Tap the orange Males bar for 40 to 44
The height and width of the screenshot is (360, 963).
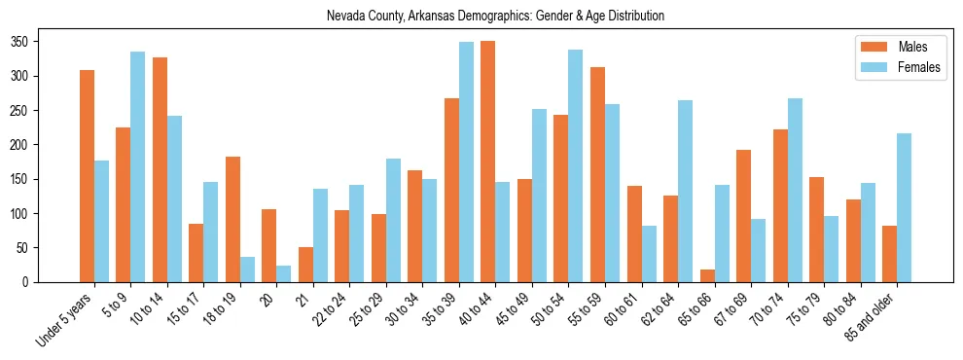(488, 162)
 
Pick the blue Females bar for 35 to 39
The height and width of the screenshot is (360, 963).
(467, 162)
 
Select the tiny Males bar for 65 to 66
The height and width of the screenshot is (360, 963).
(707, 276)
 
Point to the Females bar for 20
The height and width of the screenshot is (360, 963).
(284, 273)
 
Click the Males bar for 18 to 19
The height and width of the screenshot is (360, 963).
(233, 219)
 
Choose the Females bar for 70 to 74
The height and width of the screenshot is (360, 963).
(795, 190)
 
